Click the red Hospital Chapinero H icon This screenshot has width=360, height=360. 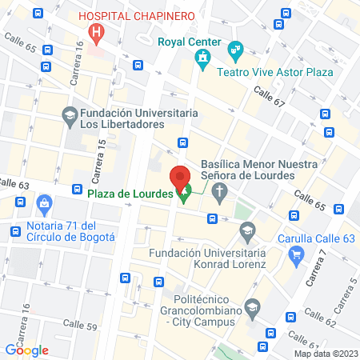point(96,33)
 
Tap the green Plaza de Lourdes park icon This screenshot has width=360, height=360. point(184,193)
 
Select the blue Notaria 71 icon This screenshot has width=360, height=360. point(44,204)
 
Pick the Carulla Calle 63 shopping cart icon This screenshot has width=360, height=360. point(298,255)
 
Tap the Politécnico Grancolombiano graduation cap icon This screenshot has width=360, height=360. point(253,306)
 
